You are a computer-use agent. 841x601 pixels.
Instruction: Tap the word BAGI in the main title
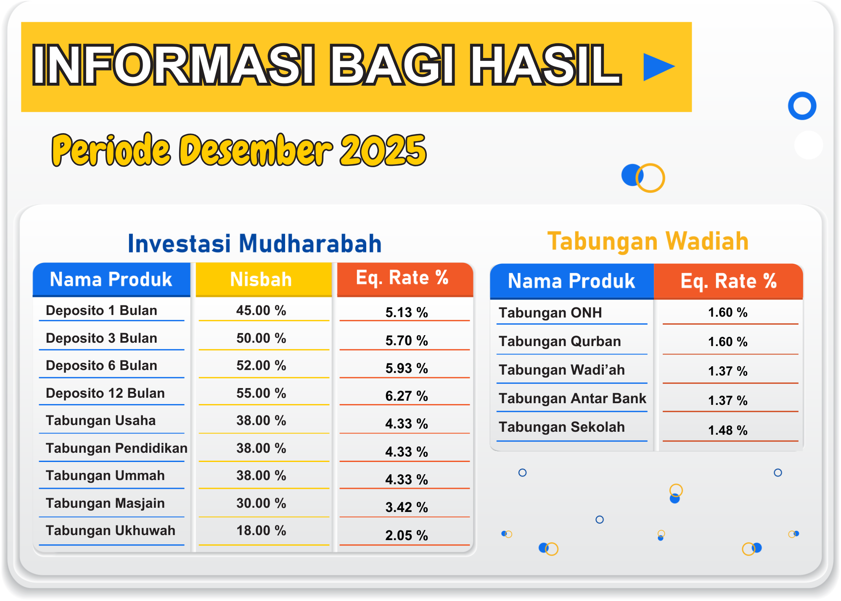[392, 66]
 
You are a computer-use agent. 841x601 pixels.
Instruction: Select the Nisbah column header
[261, 279]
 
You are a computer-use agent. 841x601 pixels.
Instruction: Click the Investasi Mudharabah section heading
[255, 244]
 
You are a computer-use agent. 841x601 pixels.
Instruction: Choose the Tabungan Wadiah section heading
[648, 241]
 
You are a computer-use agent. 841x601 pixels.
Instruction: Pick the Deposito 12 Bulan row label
[105, 393]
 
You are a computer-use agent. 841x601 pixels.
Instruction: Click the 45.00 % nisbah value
[261, 310]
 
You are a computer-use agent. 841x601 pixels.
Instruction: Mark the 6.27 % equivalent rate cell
[407, 396]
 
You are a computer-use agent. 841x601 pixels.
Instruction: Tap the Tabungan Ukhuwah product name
[111, 530]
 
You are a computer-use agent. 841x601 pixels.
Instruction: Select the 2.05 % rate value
[407, 535]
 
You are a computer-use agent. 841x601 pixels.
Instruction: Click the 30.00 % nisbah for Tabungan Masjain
[261, 503]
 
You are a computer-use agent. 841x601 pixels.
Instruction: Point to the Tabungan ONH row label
[550, 313]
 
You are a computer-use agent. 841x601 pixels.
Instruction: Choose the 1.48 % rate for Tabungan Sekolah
[728, 430]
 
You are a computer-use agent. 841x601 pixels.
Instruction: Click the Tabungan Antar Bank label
[572, 398]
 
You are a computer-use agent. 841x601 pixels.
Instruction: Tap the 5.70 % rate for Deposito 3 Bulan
[407, 340]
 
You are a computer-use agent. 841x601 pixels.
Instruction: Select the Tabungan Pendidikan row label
[117, 448]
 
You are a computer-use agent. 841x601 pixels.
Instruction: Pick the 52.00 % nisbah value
[261, 365]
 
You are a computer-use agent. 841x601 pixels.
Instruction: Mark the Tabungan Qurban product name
[560, 341]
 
